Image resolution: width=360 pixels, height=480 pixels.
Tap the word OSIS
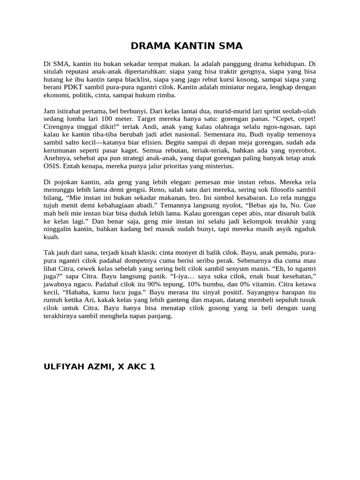pos(51,166)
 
